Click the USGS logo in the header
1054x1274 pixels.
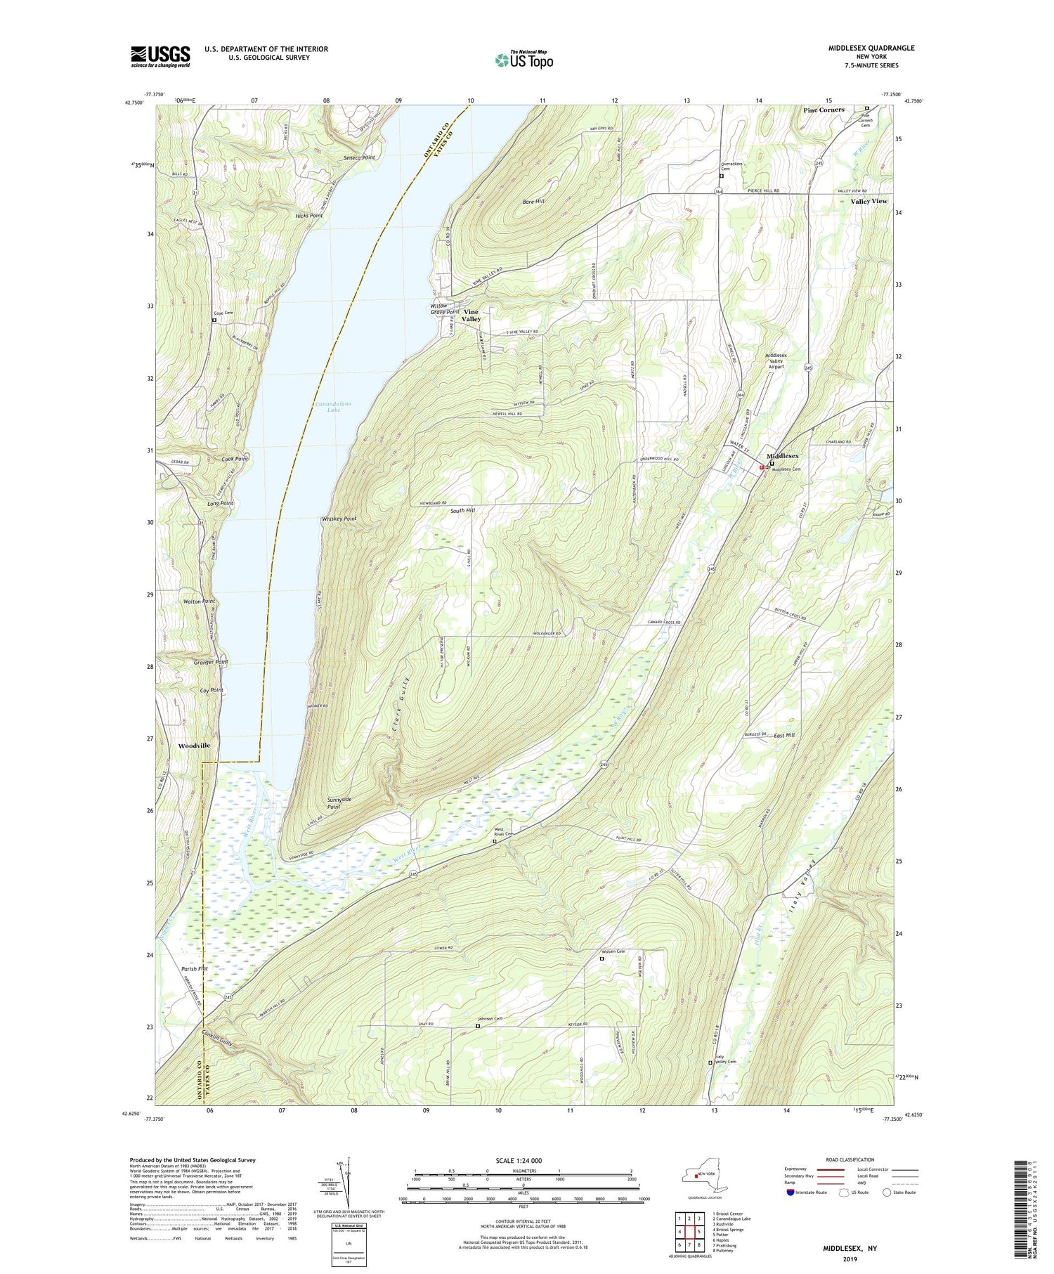[x=160, y=56]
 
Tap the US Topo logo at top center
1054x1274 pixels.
[x=523, y=60]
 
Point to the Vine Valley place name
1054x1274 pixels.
[x=471, y=316]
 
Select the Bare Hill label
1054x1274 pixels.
[x=534, y=202]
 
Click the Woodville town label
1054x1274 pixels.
[x=194, y=746]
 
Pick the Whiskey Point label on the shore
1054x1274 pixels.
[x=339, y=519]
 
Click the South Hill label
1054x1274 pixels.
[x=463, y=512]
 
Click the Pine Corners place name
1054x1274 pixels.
[x=824, y=110]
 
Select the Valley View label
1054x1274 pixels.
[x=869, y=202]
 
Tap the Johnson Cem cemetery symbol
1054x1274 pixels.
[x=478, y=1026]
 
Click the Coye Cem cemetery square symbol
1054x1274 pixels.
[x=214, y=320]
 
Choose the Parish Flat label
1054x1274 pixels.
[x=193, y=969]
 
